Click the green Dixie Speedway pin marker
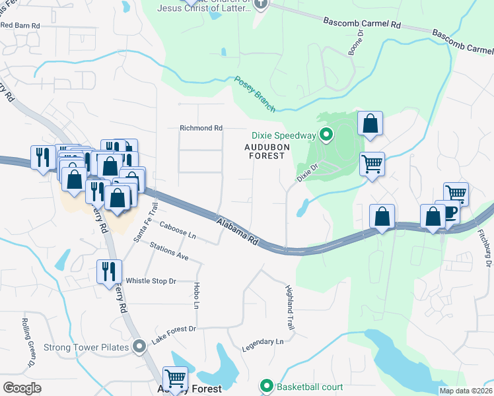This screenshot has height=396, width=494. point(326,136)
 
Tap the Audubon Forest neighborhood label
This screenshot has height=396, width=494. point(267,151)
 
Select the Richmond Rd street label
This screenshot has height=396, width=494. point(201,127)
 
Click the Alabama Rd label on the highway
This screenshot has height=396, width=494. point(236,232)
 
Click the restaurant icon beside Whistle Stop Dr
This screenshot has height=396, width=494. point(108,271)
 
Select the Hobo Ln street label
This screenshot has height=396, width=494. point(196,296)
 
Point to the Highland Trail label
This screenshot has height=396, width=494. point(289,308)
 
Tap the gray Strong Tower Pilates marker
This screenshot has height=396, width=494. point(139,346)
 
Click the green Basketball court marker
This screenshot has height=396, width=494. point(267,385)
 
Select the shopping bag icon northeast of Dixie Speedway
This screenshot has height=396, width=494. point(370,123)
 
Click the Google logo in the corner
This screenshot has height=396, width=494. point(22,388)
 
